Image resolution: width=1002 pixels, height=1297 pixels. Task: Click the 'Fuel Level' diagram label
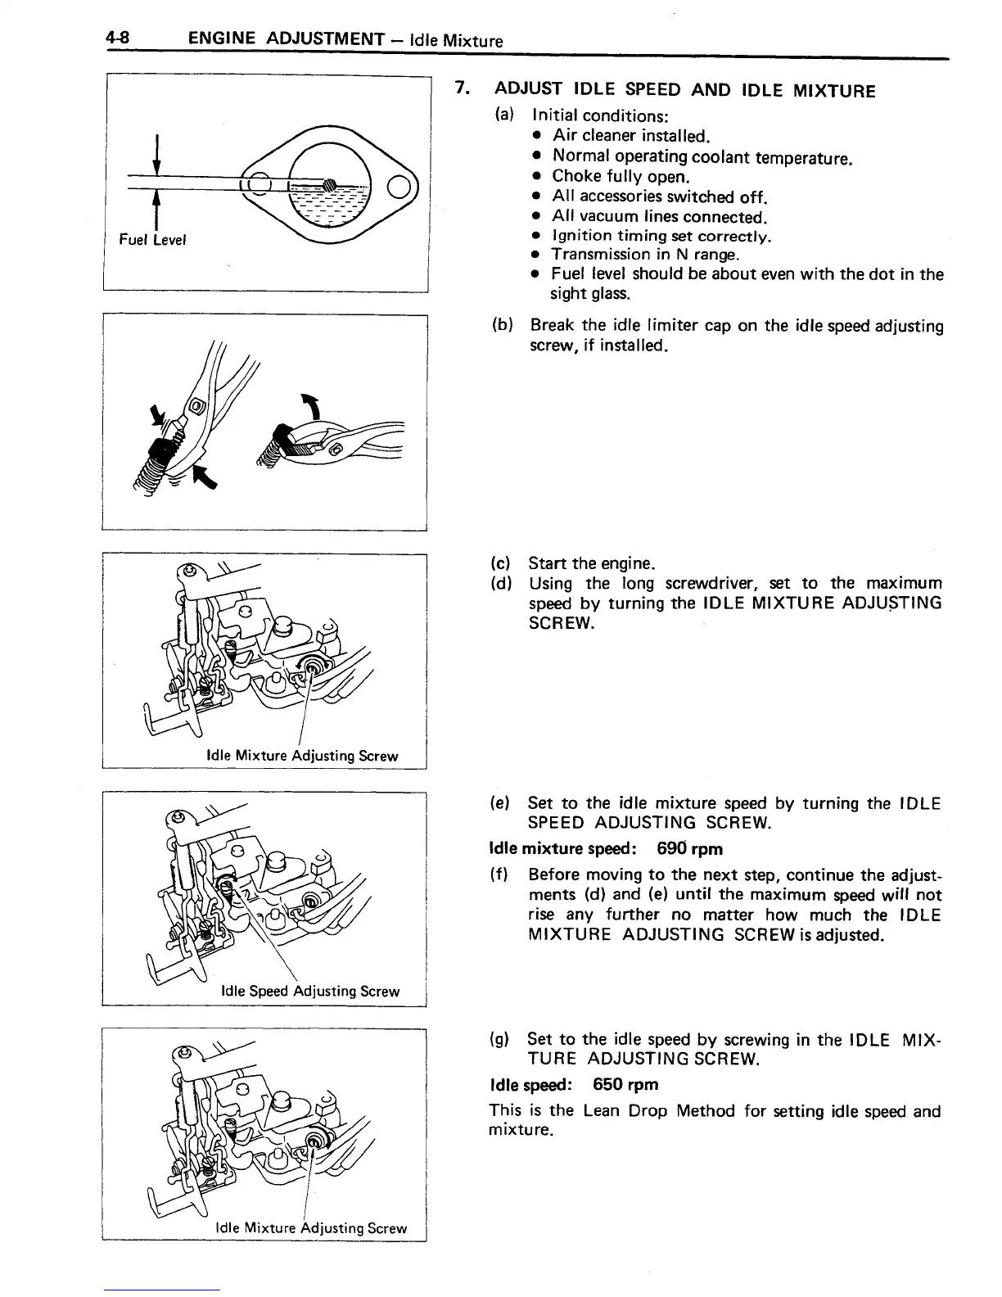pyautogui.click(x=153, y=240)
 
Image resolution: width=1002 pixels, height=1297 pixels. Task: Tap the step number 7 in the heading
pyautogui.click(x=462, y=89)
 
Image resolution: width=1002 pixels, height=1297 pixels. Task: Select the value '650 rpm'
pyautogui.click(x=625, y=1085)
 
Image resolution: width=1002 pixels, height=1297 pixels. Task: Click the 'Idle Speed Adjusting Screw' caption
pyautogui.click(x=310, y=992)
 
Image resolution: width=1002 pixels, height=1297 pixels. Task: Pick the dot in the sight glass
pyautogui.click(x=329, y=184)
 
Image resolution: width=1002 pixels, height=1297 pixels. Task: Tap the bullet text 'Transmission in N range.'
pyautogui.click(x=645, y=255)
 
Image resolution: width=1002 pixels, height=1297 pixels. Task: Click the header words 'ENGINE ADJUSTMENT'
pyautogui.click(x=286, y=38)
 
